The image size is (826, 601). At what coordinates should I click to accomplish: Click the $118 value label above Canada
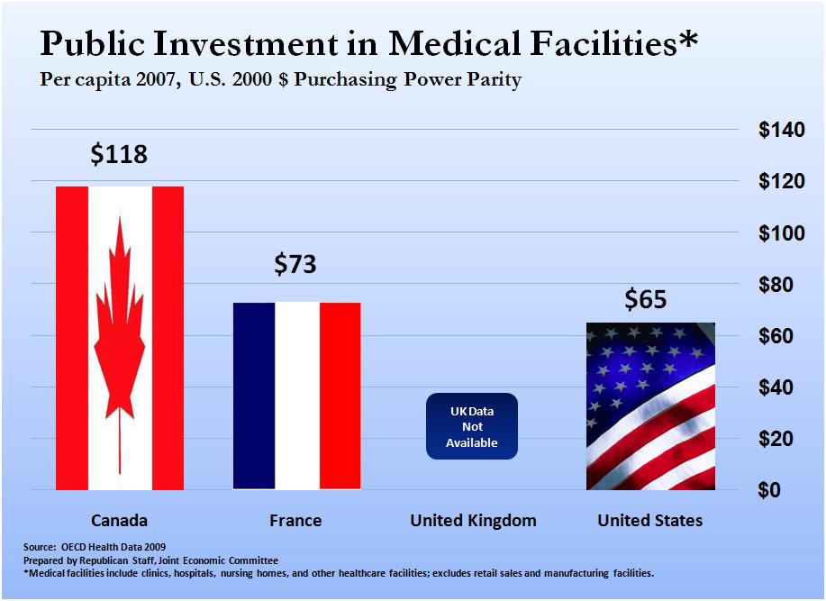(119, 154)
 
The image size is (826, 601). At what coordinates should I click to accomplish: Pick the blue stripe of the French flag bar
(254, 396)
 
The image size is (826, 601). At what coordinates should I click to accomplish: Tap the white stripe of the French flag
(296, 396)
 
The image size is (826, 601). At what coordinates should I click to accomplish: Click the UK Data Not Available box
(472, 427)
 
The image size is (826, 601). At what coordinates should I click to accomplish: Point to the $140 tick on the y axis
(780, 130)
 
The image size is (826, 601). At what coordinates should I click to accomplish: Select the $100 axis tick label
(780, 233)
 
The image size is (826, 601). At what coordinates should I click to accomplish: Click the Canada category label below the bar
(119, 521)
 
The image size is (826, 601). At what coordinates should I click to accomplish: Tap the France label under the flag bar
(295, 521)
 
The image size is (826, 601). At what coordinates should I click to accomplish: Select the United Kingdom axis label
(473, 521)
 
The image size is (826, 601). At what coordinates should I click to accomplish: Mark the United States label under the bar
(650, 521)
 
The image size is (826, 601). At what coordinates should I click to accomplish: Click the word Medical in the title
(448, 43)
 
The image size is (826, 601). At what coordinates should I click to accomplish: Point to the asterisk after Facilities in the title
(687, 41)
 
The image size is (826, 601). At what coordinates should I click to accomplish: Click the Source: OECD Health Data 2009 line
(95, 547)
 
